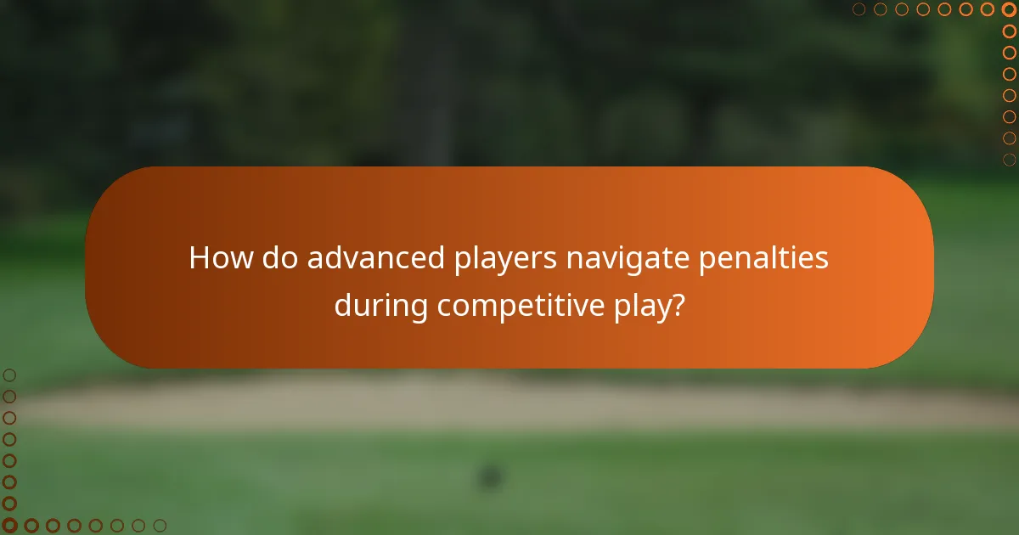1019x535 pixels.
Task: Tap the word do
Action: (x=280, y=257)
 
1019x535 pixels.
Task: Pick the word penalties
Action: (x=763, y=257)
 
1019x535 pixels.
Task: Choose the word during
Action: (x=381, y=305)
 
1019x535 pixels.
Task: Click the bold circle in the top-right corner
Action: (x=1009, y=9)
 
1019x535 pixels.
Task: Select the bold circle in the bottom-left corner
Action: (x=9, y=526)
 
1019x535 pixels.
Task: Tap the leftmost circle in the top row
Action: (x=859, y=9)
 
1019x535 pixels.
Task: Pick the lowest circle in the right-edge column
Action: (x=1009, y=160)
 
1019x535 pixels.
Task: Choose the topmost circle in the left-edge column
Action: (x=9, y=374)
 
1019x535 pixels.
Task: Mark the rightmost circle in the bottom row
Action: (x=160, y=526)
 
